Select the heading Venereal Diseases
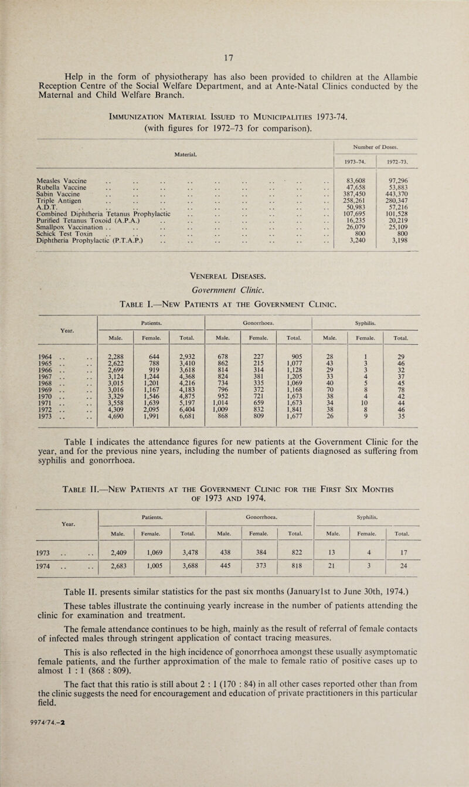coord(234,311)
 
